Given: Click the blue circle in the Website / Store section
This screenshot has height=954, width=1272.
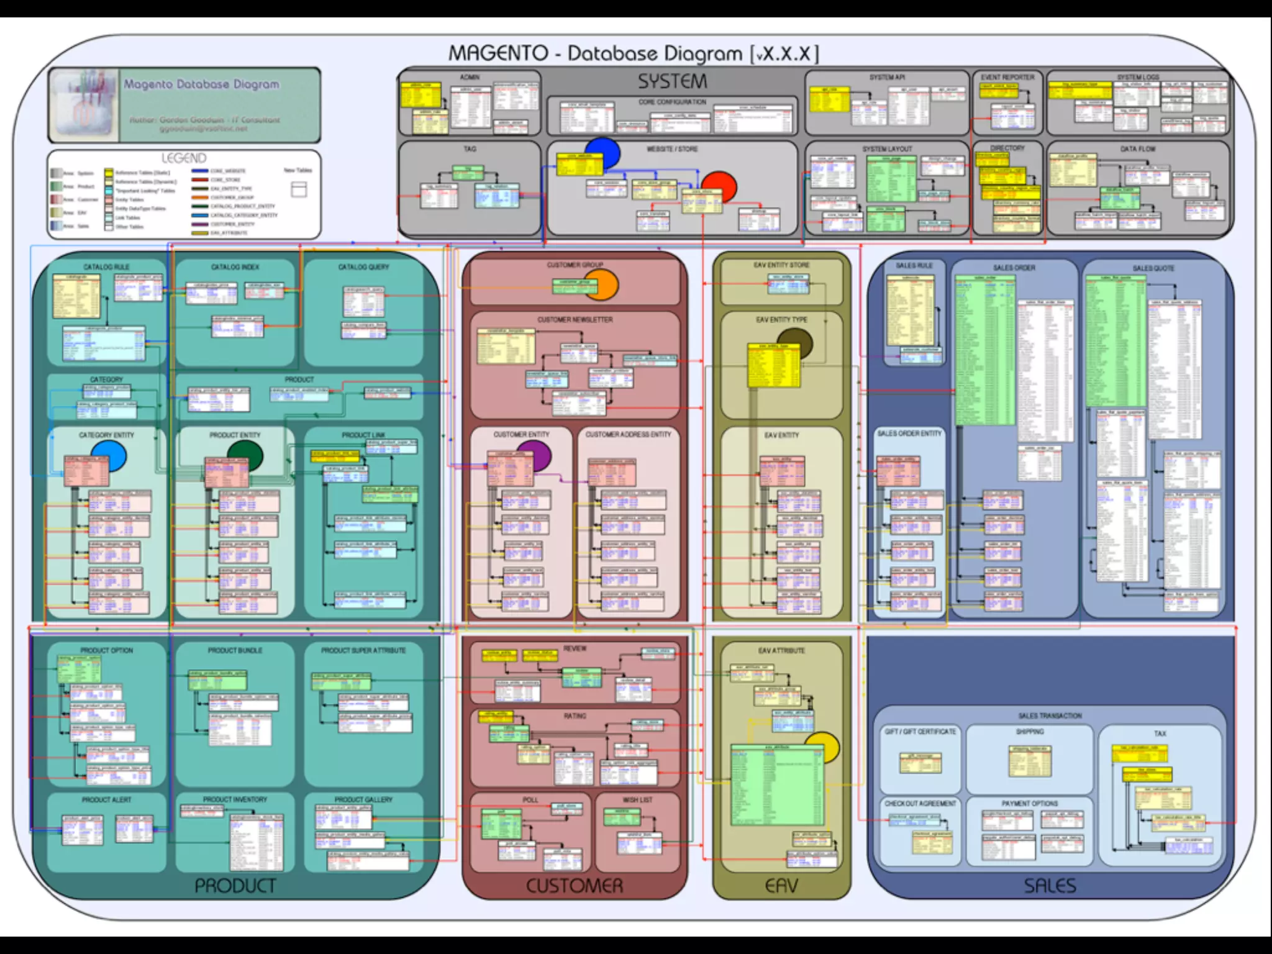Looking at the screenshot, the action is click(x=603, y=152).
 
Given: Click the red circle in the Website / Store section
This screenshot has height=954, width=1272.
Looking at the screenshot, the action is click(x=719, y=186).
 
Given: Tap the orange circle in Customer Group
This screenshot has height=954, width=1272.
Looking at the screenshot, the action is click(x=601, y=286).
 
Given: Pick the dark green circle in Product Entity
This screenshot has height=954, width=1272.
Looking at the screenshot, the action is click(x=245, y=456).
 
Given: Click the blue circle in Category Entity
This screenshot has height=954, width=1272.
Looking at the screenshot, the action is click(x=109, y=457).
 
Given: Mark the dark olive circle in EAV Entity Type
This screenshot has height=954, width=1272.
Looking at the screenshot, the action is click(x=795, y=344).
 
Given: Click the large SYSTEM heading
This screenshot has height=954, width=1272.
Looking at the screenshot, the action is click(x=673, y=81).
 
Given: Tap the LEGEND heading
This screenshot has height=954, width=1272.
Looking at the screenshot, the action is click(x=184, y=158).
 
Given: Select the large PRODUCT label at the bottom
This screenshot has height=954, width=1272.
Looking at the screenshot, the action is click(x=235, y=886).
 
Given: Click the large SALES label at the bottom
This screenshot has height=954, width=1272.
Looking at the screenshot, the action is click(x=1050, y=886).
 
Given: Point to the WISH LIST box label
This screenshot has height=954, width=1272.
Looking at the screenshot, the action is click(x=637, y=800).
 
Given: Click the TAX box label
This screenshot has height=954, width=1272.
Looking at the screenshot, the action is click(x=1160, y=734).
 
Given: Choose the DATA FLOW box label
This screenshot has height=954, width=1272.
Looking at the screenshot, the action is click(x=1138, y=149).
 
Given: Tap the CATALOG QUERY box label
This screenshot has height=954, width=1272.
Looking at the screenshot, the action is click(x=363, y=267).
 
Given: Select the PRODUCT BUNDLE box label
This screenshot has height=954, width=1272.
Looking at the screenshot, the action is click(x=235, y=650).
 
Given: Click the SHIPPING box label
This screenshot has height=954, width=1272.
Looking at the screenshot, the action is click(x=1030, y=732).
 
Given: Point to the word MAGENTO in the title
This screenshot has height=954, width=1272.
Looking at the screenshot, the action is click(x=498, y=53).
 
